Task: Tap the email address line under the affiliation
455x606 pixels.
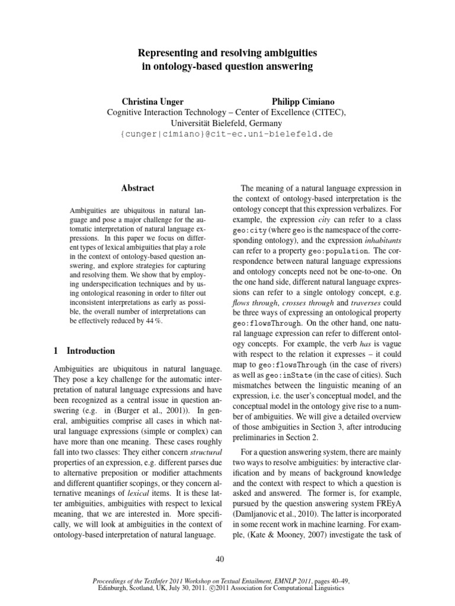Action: (226, 134)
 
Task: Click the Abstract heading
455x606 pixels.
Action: (137, 188)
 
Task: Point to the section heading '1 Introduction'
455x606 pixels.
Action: (81, 351)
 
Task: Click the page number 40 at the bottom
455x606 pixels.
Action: (227, 558)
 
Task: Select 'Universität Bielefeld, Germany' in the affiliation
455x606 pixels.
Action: (227, 123)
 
